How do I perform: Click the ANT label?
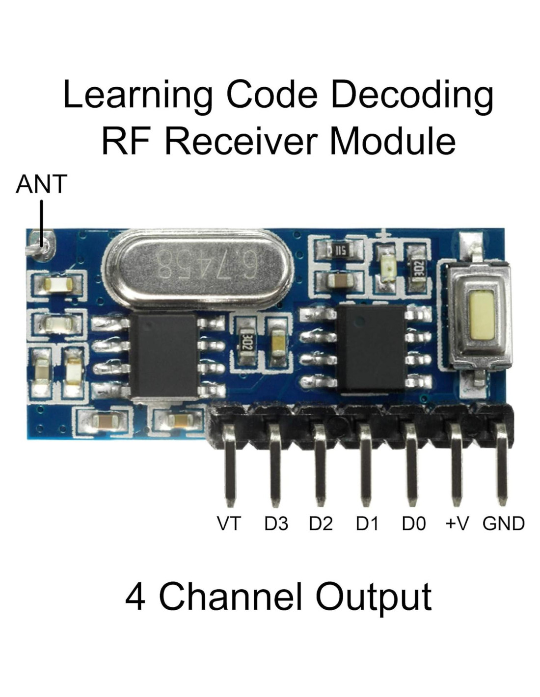point(41,184)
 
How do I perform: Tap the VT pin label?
point(229,523)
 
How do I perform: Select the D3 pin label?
point(276,523)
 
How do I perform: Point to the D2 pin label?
point(321,523)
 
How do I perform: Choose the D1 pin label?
point(367,523)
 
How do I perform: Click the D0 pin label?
point(413,523)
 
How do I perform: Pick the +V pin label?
point(457,523)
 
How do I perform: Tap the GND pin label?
point(504,523)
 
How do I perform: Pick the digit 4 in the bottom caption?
point(135,597)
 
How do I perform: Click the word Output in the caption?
point(373,597)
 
